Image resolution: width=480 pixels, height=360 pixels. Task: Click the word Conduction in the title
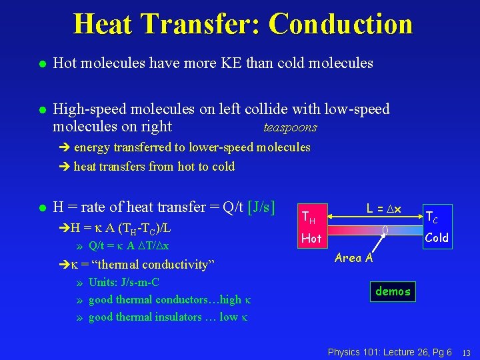point(341,24)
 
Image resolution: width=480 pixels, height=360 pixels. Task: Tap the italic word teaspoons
point(291,127)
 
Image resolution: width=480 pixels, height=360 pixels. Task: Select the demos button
point(393,291)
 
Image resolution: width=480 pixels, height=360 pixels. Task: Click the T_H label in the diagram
point(308,217)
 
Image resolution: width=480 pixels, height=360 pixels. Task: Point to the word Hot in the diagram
point(311,238)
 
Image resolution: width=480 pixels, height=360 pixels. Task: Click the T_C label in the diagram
point(432,217)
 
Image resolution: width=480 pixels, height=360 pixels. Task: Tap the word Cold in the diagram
point(437,237)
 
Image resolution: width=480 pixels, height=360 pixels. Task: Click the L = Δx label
point(384,209)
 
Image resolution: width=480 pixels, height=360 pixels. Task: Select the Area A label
point(354,258)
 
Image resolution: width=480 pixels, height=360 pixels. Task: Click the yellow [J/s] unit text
point(261,207)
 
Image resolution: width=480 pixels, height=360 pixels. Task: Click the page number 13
point(467,352)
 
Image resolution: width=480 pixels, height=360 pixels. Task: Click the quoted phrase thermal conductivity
point(155,265)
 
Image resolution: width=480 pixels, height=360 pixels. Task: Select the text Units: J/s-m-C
point(123,282)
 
